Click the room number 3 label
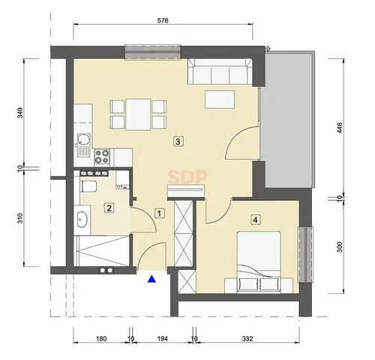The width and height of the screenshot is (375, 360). click(x=178, y=142)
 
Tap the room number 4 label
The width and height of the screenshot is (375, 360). click(x=255, y=220)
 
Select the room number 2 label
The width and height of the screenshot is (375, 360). click(x=109, y=208)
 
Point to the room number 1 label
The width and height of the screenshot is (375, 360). click(x=160, y=214)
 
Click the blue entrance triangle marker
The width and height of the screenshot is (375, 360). click(x=151, y=279)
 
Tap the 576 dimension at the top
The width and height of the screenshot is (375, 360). click(x=163, y=20)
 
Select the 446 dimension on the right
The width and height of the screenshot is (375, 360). click(x=340, y=128)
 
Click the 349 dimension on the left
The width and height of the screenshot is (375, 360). click(x=20, y=112)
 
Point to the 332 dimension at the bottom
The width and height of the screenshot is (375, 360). click(x=247, y=339)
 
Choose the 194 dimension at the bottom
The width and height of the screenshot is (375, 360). click(x=162, y=339)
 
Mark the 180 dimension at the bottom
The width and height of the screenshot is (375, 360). click(x=101, y=339)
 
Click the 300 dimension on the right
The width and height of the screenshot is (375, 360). click(x=340, y=247)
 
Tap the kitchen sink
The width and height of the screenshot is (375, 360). click(x=83, y=145)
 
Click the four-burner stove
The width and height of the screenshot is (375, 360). click(x=102, y=157)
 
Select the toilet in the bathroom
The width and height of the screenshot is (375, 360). click(x=88, y=187)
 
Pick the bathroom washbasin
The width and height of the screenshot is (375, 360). click(x=82, y=220)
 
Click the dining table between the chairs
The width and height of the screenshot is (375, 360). click(x=138, y=115)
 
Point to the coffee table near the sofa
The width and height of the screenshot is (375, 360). click(x=220, y=100)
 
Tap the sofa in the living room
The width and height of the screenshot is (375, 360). click(x=220, y=71)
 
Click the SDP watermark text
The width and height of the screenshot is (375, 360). click(x=187, y=177)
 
